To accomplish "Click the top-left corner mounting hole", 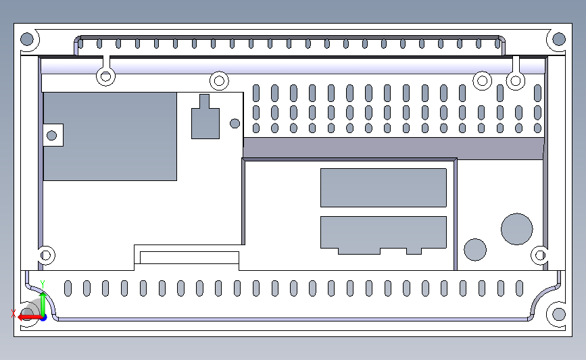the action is tap(28, 39).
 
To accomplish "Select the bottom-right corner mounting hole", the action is tap(558, 314).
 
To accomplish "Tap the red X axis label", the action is tap(14, 313).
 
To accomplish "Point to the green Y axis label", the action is tap(42, 283).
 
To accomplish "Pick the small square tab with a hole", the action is tap(52, 134).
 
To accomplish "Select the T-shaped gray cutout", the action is tap(205, 122).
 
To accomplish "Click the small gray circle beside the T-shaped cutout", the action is tap(235, 124).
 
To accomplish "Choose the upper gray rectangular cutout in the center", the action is tap(383, 187).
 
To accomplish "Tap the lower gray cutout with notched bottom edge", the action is tap(383, 232).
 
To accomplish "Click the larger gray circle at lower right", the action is tap(516, 229).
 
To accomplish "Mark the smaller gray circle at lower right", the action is tap(475, 249).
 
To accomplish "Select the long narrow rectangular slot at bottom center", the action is tap(189, 257).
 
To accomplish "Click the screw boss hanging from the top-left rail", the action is tap(105, 76).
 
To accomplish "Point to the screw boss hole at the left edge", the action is tap(46, 255).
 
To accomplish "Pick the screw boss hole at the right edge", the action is tap(539, 255).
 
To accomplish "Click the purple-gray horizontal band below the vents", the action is tap(393, 148).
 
